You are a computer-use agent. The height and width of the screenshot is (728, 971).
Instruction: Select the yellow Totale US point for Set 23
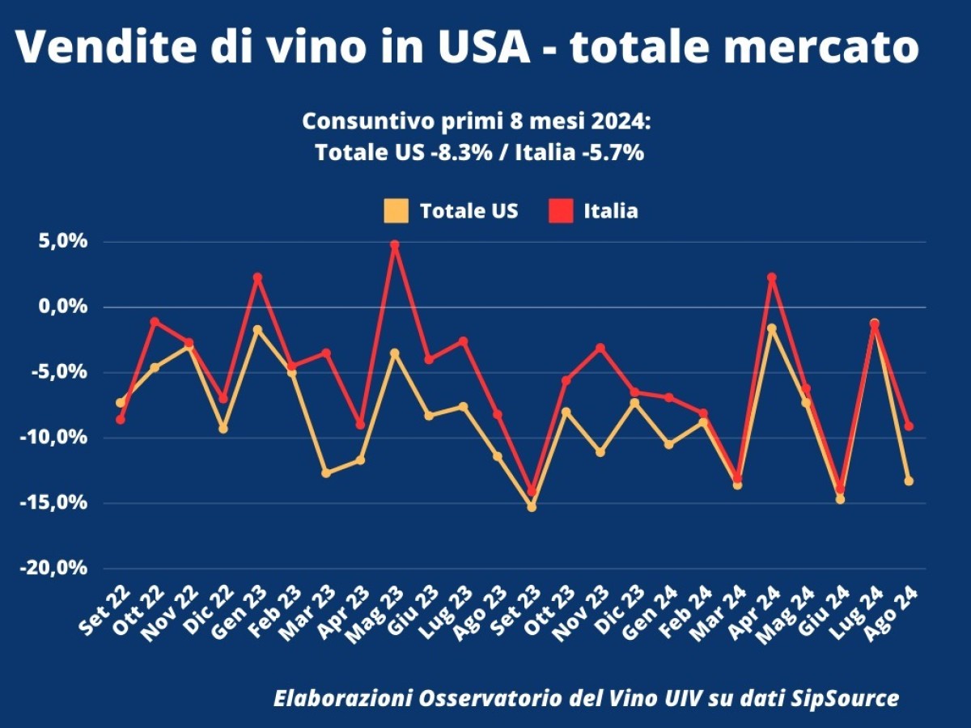(532, 507)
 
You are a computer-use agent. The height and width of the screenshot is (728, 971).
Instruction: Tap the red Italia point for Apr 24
(772, 277)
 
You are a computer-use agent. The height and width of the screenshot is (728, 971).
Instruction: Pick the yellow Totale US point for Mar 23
(326, 472)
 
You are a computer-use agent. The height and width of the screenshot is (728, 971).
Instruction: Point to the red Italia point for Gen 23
(257, 277)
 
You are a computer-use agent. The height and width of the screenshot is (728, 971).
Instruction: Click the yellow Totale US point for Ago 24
(909, 480)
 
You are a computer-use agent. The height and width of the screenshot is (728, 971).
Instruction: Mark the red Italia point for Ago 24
(909, 425)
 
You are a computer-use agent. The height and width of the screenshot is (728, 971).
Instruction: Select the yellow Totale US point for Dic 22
(223, 428)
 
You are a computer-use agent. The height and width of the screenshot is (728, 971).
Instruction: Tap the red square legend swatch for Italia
(560, 211)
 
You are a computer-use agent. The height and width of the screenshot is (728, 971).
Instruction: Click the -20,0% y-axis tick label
(53, 568)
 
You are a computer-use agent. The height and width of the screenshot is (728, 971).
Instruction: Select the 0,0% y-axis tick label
(59, 307)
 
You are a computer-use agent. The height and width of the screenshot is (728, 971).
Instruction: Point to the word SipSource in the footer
(846, 698)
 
